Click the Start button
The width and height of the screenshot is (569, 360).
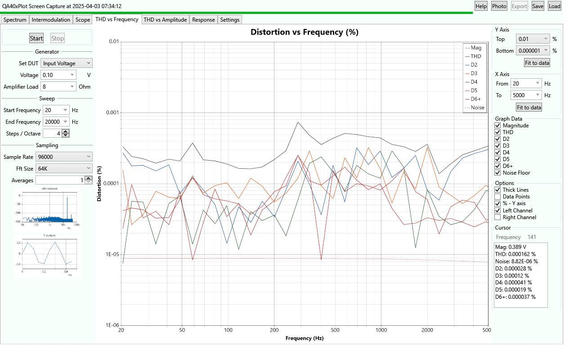tap(36, 38)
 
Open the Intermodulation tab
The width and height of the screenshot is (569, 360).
tap(51, 20)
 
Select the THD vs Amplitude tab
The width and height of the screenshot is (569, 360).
tap(165, 20)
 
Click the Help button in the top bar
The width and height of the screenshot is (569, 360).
tap(481, 6)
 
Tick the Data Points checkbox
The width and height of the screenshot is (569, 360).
tap(497, 197)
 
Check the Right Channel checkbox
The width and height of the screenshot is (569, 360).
tap(497, 217)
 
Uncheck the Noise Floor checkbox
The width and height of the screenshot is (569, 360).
tap(497, 173)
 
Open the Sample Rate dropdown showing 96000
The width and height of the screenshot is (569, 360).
tap(67, 157)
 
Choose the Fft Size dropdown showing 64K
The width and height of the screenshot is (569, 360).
tap(67, 168)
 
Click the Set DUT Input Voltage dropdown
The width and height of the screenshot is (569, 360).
tap(67, 63)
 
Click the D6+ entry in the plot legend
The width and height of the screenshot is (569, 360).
tap(475, 99)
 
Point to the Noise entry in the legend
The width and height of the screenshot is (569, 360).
tap(477, 108)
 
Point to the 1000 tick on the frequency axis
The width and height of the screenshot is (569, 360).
tap(381, 330)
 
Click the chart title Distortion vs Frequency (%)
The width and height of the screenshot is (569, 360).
tap(305, 32)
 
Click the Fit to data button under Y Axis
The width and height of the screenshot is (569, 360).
tap(537, 63)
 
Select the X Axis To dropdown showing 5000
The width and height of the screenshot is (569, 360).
tap(525, 95)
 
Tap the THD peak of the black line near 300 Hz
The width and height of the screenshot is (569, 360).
tap(298, 122)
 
